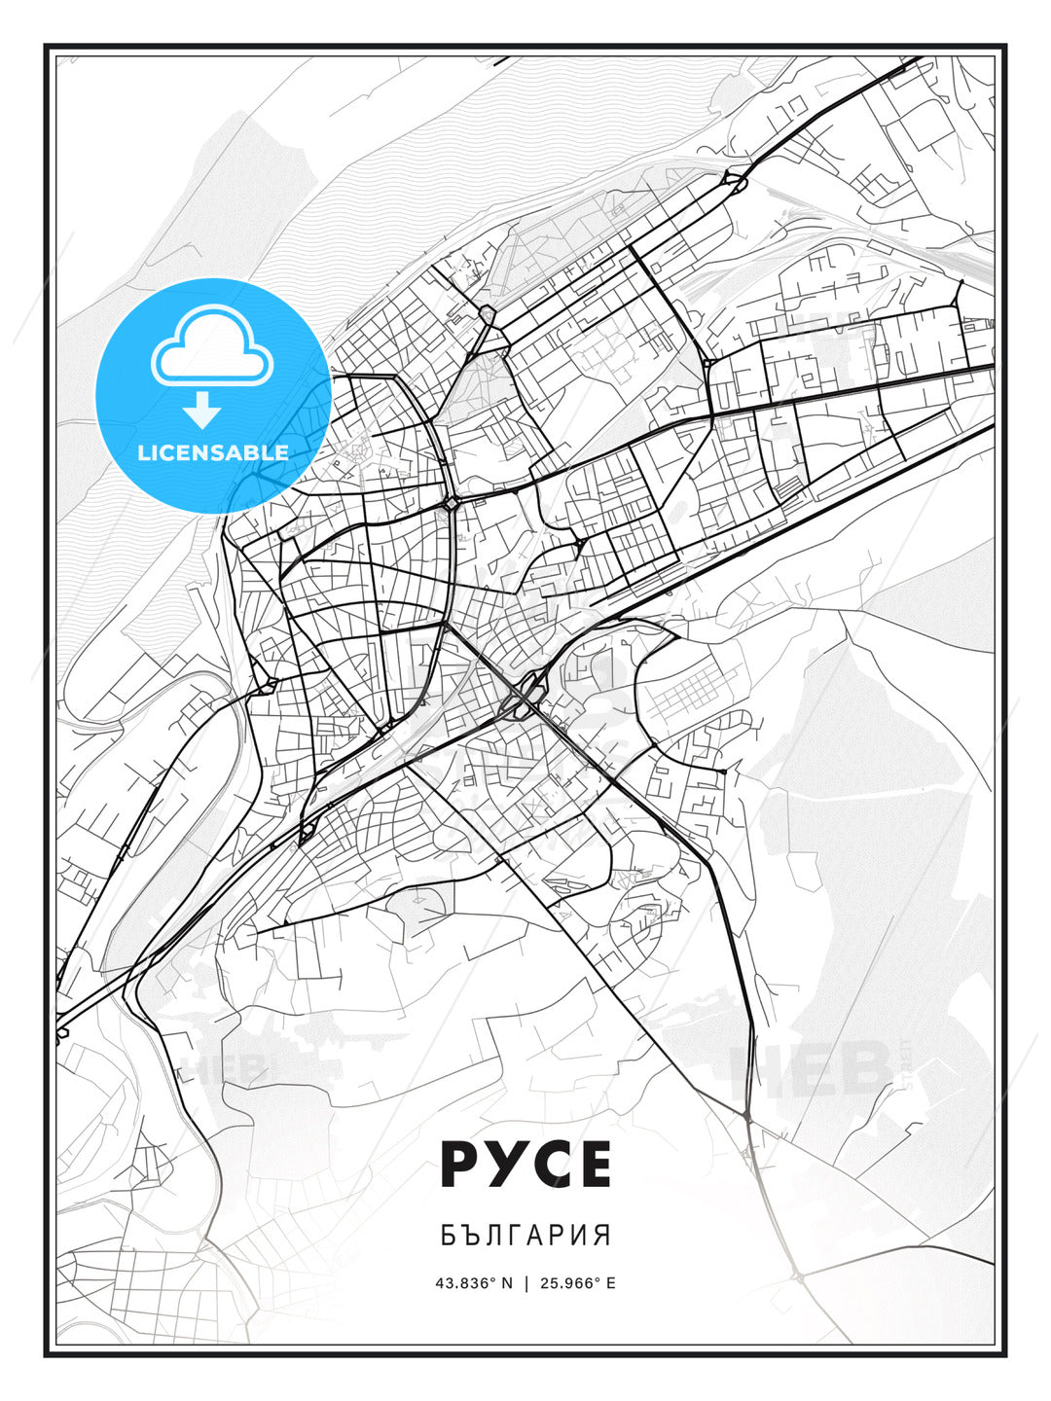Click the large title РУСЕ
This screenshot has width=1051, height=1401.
pyautogui.click(x=525, y=1164)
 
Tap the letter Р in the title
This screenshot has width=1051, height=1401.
pyautogui.click(x=462, y=1164)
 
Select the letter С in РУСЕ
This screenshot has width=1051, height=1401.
pyautogui.click(x=547, y=1164)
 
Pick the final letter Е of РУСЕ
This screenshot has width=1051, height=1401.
pyautogui.click(x=591, y=1164)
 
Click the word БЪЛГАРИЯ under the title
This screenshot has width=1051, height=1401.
pyautogui.click(x=525, y=1236)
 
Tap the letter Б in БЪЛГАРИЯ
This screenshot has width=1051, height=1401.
pyautogui.click(x=448, y=1236)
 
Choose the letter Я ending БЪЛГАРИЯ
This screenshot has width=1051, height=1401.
pyautogui.click(x=603, y=1236)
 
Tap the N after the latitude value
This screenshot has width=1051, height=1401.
pyautogui.click(x=506, y=1283)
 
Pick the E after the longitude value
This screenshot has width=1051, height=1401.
pyautogui.click(x=610, y=1283)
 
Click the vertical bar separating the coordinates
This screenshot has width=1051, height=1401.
pyautogui.click(x=526, y=1283)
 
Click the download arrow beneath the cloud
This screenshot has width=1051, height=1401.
pyautogui.click(x=203, y=410)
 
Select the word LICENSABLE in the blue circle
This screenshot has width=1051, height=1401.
pyautogui.click(x=213, y=452)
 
